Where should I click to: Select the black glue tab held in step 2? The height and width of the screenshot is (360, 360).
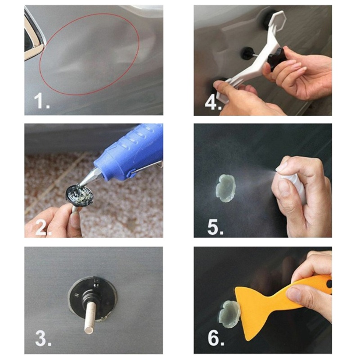[81, 194]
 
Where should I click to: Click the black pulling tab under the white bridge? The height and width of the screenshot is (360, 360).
[247, 54]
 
